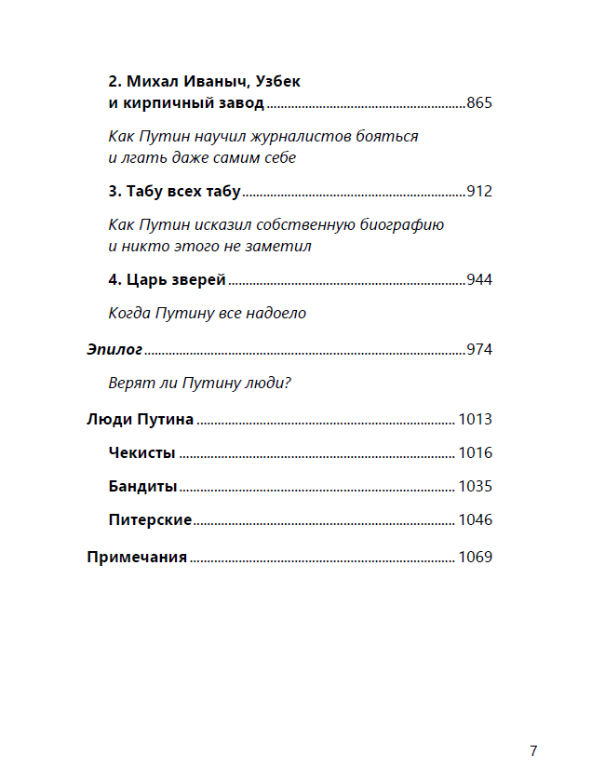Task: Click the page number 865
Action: (478, 103)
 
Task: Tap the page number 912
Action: (478, 192)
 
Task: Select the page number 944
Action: (478, 280)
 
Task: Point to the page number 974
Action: (478, 350)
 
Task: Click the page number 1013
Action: (475, 420)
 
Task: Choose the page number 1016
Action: (475, 453)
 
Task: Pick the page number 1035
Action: (475, 487)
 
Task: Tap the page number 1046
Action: (475, 520)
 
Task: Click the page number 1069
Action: (475, 558)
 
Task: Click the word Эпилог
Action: (114, 350)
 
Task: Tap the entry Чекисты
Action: (142, 453)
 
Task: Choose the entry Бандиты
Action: (142, 487)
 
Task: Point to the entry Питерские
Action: (150, 520)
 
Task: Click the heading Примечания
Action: (137, 558)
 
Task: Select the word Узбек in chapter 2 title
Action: (276, 82)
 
